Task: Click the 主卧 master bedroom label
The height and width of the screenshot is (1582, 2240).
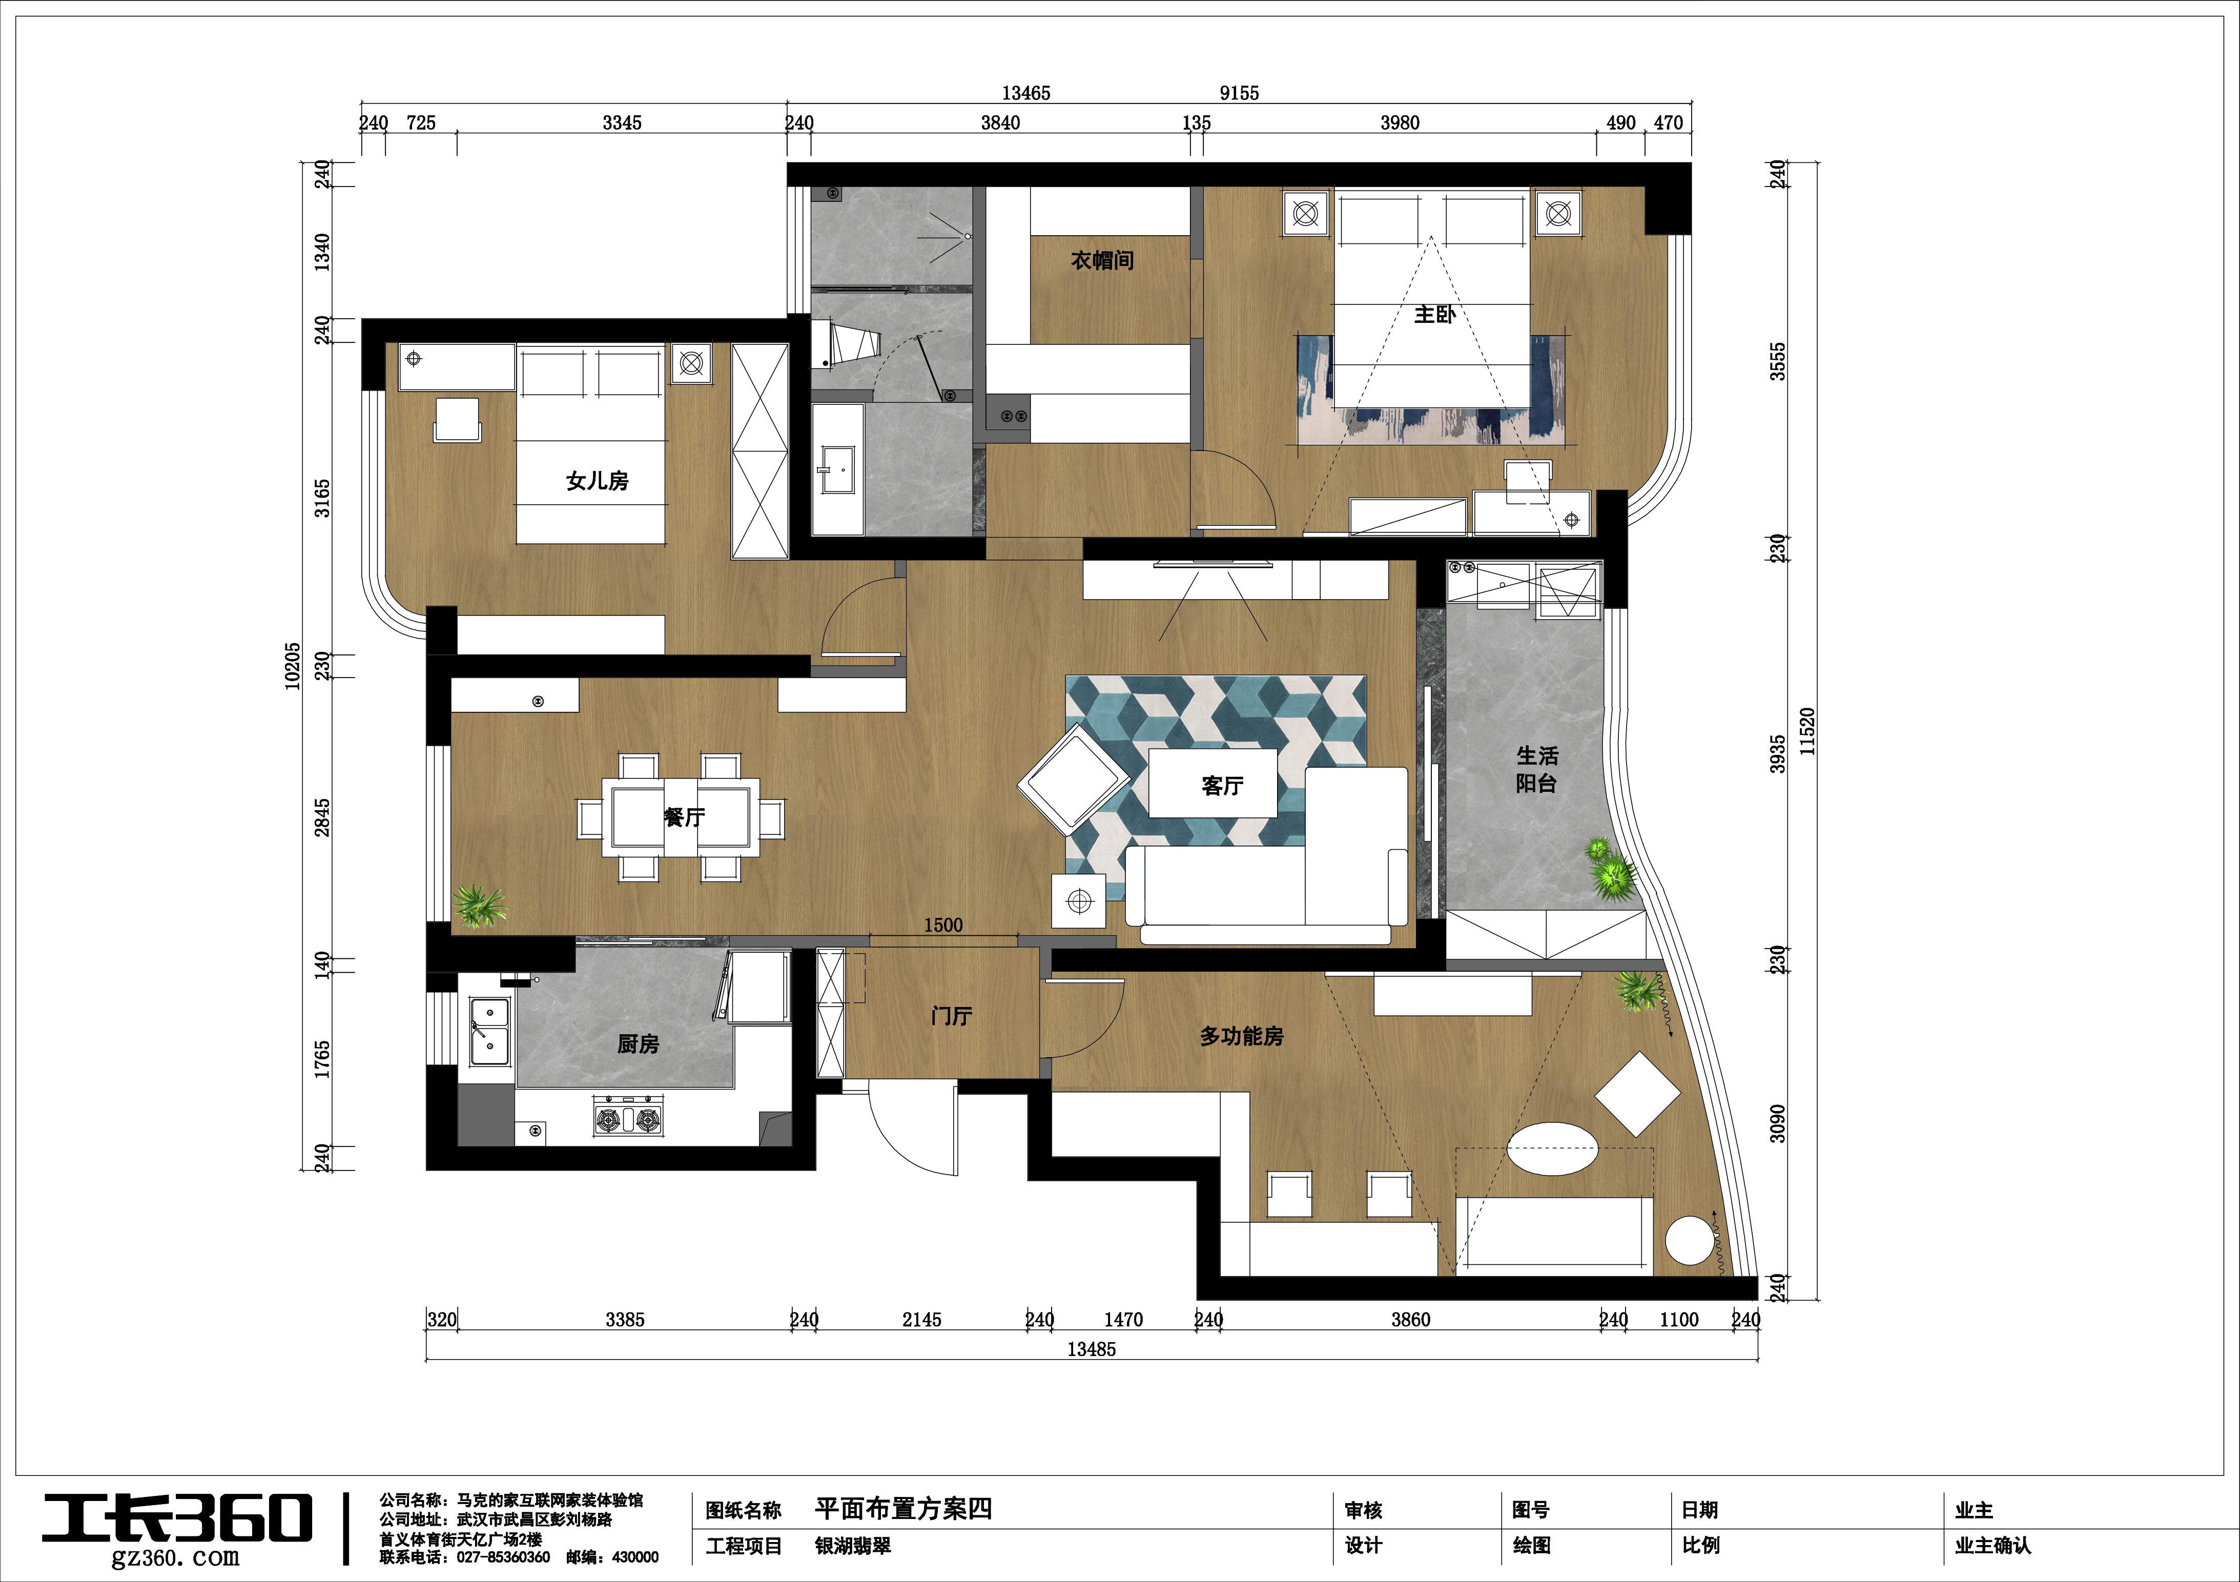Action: tap(1434, 314)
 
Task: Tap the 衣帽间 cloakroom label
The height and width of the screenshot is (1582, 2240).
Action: tap(1102, 260)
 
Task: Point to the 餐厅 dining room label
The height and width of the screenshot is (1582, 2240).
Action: tap(684, 817)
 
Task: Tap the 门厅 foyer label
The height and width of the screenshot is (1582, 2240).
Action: tap(951, 1016)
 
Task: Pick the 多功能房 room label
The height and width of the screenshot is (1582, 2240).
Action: tap(1241, 1036)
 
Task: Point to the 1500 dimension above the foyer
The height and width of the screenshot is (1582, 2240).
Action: tap(943, 924)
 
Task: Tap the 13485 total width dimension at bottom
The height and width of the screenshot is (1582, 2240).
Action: tap(1092, 1349)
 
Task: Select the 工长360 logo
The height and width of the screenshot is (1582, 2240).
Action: tap(177, 1519)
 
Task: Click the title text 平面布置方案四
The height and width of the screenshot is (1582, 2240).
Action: tap(903, 1509)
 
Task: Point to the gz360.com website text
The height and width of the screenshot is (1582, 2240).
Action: tap(176, 1558)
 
